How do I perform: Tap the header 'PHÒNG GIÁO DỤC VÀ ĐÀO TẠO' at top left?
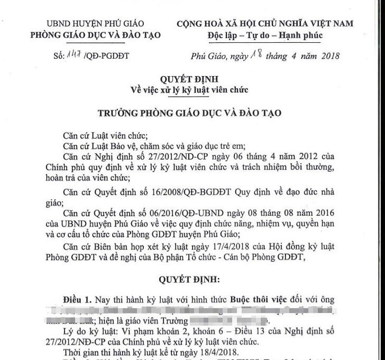(x=95, y=35)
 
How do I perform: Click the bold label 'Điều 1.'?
(x=77, y=299)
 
